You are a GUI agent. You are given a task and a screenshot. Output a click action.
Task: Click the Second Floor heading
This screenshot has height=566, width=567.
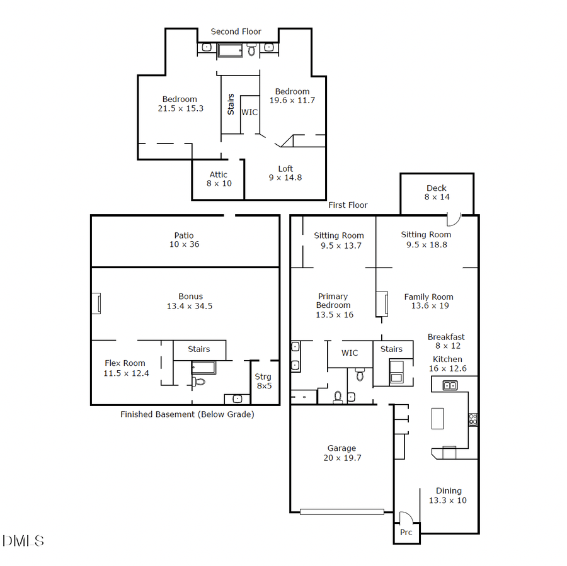point(236,31)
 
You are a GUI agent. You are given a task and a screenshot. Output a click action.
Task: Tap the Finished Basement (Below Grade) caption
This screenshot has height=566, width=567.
point(187,414)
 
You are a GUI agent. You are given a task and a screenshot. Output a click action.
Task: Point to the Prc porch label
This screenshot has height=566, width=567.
point(406,532)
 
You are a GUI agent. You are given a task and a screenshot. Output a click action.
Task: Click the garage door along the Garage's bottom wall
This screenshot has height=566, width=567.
point(341,511)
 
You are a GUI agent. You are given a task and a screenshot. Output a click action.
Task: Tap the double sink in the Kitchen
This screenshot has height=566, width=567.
point(450,385)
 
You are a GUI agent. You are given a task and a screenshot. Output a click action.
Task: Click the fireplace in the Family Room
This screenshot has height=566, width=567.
point(381,303)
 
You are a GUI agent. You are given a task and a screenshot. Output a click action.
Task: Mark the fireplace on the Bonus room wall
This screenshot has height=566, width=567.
point(96,303)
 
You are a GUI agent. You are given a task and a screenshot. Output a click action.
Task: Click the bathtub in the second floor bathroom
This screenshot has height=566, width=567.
point(230,50)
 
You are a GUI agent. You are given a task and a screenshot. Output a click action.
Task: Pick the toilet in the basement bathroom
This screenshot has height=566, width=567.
point(199,381)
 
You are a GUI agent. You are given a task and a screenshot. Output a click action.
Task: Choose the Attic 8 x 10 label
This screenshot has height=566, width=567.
point(219,179)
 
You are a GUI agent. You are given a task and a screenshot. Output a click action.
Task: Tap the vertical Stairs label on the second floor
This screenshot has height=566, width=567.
point(231,104)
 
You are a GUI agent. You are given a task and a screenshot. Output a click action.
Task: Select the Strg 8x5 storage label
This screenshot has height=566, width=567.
point(263,381)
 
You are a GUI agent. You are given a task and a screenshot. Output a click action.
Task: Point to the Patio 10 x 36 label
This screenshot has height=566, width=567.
point(184,240)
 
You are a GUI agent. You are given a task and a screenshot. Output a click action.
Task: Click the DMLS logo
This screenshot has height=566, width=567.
point(23,541)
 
